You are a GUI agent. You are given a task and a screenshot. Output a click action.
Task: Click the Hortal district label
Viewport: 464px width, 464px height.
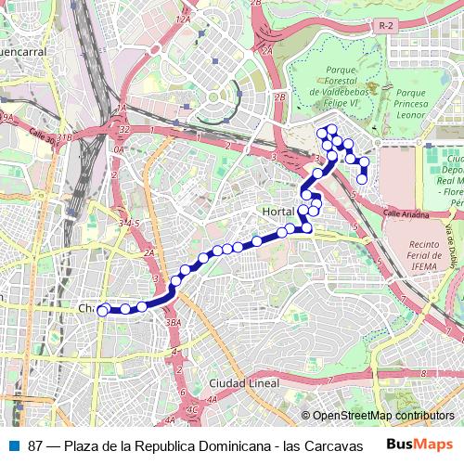coord(278,213)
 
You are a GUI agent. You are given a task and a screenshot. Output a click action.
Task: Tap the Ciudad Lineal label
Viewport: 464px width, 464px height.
coord(245,383)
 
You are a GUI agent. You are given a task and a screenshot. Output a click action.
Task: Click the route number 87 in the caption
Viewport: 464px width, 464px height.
coord(35,445)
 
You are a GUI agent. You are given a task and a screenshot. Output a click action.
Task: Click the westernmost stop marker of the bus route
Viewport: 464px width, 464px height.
coord(102,311)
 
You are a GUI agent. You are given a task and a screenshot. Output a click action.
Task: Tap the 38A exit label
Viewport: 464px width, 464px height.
coord(173,322)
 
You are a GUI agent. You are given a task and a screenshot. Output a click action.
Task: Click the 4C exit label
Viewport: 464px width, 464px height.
coord(192,408)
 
